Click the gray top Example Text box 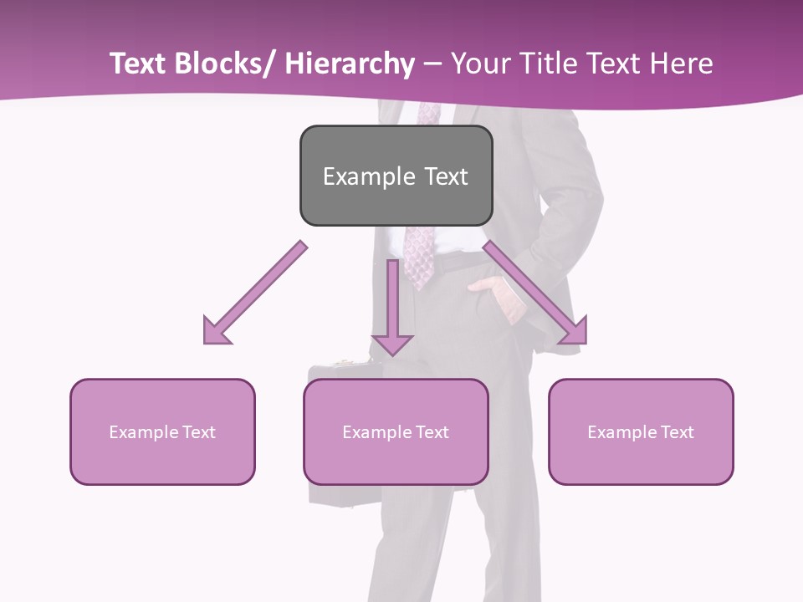tap(396, 176)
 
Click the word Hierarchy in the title tap(350, 64)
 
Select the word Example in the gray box tap(368, 176)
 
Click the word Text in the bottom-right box tap(677, 432)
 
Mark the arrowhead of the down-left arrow tap(216, 331)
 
